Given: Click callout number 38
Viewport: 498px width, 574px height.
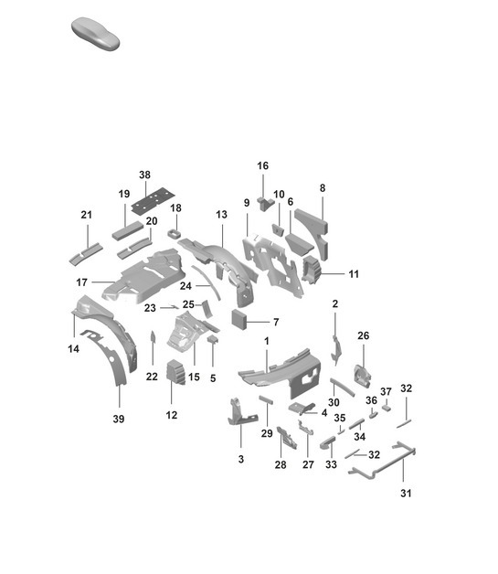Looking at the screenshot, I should point(144,175).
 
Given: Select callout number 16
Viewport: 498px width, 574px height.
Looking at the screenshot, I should point(263,165).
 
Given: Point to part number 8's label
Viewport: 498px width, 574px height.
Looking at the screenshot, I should point(323,188).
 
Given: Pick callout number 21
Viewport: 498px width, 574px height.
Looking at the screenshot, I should point(87,215).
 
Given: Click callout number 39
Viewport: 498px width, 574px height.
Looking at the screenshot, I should point(118,419).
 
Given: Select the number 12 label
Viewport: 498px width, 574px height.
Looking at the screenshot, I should point(173,415).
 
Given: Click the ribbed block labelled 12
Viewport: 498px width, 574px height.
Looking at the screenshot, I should point(175,371).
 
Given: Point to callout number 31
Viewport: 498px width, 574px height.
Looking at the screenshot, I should point(406,494).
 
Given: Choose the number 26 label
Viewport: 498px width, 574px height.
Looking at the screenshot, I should point(363,335).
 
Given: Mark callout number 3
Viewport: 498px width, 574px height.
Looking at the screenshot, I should point(241,459).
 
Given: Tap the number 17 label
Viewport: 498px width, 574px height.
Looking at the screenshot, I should point(81,282).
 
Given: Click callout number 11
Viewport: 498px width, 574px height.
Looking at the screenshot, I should point(354,272).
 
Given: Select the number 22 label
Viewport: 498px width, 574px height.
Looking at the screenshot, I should point(152,377).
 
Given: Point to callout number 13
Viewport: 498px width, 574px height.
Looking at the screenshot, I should point(221,214).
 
